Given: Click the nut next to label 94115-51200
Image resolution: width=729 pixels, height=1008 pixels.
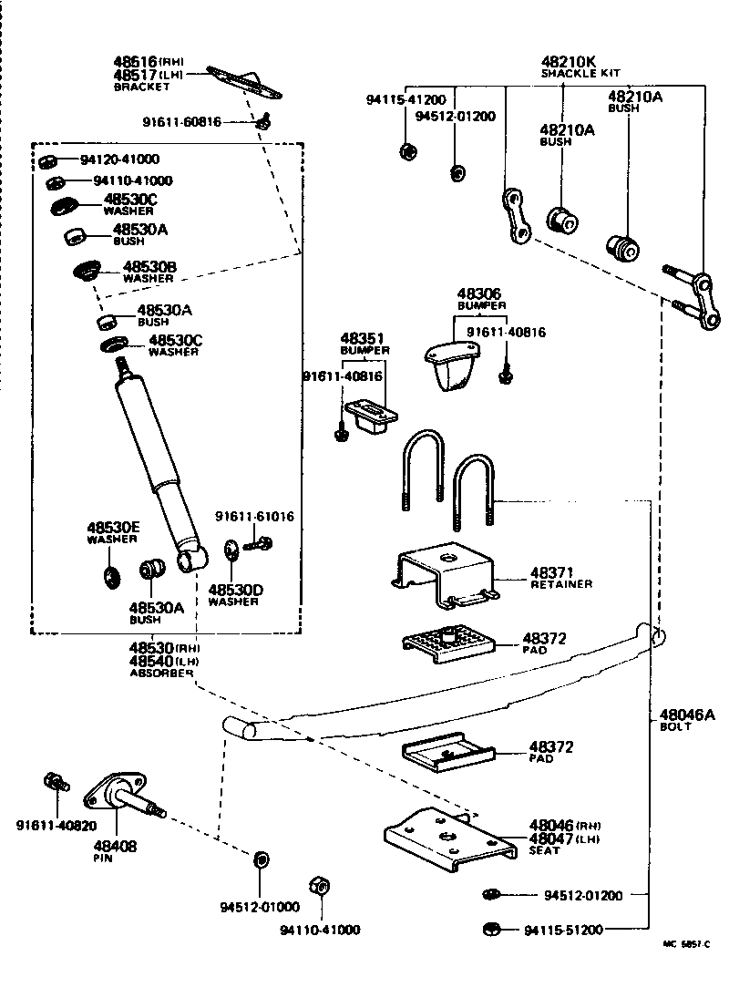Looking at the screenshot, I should pyautogui.click(x=488, y=930).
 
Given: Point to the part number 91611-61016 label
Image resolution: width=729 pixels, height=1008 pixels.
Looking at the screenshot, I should pyautogui.click(x=254, y=517).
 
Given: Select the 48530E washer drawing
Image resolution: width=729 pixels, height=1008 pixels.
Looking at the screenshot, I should pyautogui.click(x=112, y=574).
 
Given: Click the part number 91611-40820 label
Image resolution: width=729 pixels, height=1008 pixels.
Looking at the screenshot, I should pyautogui.click(x=56, y=826).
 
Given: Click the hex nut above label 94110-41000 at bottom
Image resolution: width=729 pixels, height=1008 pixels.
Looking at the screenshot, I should pyautogui.click(x=320, y=886).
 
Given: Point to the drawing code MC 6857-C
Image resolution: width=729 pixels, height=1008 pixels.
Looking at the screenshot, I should pyautogui.click(x=685, y=945).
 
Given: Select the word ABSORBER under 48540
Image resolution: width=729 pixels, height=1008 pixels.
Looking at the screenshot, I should pyautogui.click(x=162, y=673).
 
